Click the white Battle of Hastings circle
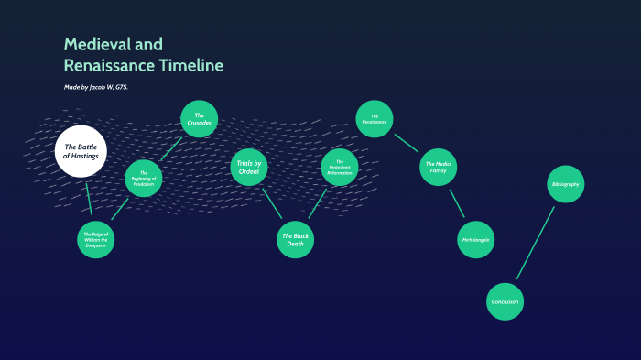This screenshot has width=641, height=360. [x=81, y=152]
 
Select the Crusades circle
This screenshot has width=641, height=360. [x=199, y=118]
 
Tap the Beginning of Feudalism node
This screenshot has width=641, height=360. [x=144, y=178]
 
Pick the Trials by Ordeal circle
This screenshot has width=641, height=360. [x=249, y=167]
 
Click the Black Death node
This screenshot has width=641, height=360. [x=296, y=239]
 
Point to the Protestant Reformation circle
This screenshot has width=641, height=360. [x=340, y=167]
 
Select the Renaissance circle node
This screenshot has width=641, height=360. [x=375, y=119]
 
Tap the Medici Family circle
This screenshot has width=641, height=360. [x=438, y=168]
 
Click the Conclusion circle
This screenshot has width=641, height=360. [x=505, y=301]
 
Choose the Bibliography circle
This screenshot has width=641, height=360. [x=565, y=184]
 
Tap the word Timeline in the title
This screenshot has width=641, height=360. [x=189, y=66]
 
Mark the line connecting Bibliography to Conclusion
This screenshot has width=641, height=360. [x=536, y=242]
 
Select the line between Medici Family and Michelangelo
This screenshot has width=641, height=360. [x=456, y=203]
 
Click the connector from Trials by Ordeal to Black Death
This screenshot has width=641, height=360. [x=272, y=202]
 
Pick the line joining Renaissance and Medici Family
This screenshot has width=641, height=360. [x=406, y=143]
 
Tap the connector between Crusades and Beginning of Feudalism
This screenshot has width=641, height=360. [x=171, y=147]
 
